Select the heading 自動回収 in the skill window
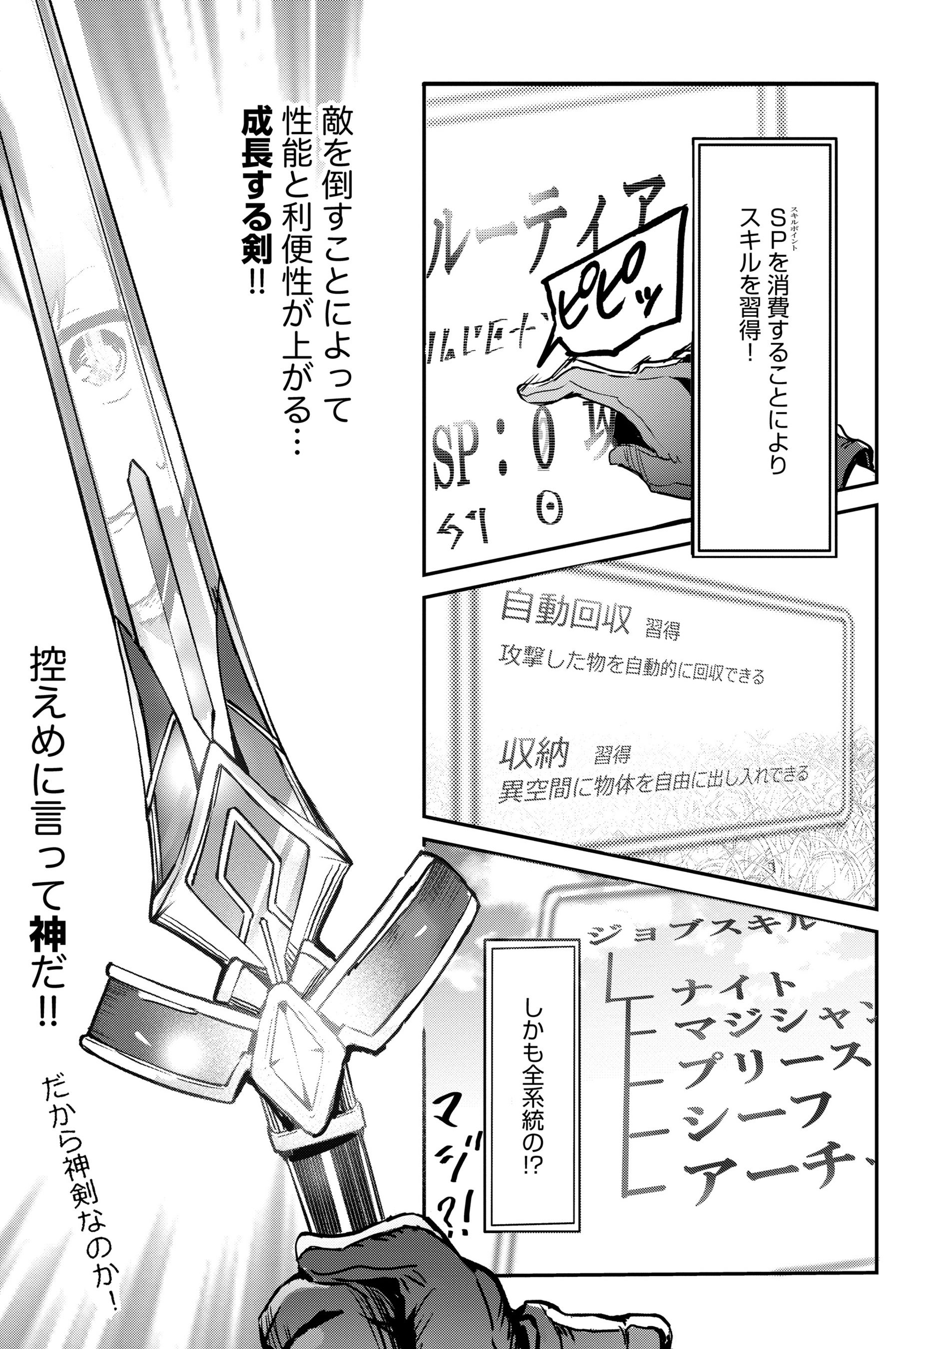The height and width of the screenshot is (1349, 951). click(x=564, y=618)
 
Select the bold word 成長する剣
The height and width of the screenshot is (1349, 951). click(x=256, y=188)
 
